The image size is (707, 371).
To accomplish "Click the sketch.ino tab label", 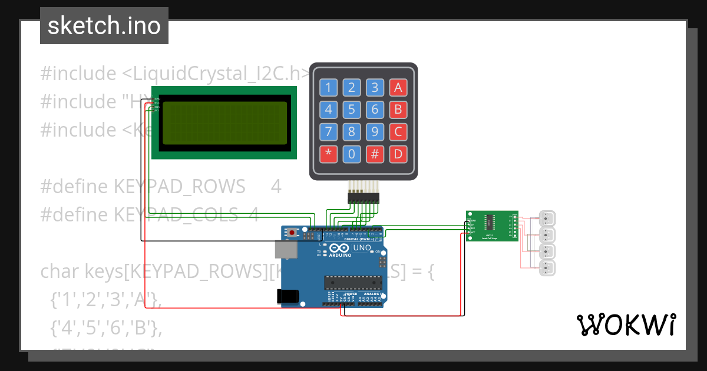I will [104, 26].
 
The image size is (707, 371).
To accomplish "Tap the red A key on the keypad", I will [398, 88].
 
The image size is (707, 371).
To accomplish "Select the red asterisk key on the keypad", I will [329, 154].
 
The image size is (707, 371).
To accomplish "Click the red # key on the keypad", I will [375, 154].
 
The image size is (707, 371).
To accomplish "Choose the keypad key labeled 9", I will [375, 132].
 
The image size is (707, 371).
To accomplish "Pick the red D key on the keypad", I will [398, 154].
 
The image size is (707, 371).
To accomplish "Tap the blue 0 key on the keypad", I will [352, 154].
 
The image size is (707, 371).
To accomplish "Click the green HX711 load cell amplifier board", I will [492, 226].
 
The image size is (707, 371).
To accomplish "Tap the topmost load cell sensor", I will [547, 218].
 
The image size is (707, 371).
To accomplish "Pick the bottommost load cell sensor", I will [547, 269].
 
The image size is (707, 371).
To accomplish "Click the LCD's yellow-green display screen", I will [225, 122].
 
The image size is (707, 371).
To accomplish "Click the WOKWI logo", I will [626, 324].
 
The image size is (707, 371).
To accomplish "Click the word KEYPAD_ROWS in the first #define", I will [179, 187].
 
